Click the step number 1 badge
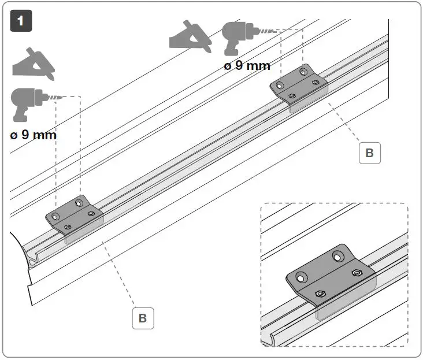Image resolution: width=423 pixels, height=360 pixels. tap(21, 21)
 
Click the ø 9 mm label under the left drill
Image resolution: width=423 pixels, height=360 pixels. tap(33, 135)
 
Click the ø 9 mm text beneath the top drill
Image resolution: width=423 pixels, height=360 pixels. tap(247, 66)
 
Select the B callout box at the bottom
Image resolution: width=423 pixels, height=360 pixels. tap(143, 318)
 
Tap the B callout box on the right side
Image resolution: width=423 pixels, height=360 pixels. tap(369, 153)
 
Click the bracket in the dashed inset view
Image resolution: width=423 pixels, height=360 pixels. tap(327, 276)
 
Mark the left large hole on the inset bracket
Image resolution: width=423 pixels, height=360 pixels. tap(299, 278)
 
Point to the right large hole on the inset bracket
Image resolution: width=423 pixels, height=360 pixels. tap(337, 255)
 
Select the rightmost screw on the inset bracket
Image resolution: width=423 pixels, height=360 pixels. tap(357, 273)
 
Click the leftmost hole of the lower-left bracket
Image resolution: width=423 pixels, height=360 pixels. tap(55, 216)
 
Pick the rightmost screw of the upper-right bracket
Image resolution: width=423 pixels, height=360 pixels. tap(315, 82)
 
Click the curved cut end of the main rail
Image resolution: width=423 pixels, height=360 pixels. tap(26, 255)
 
